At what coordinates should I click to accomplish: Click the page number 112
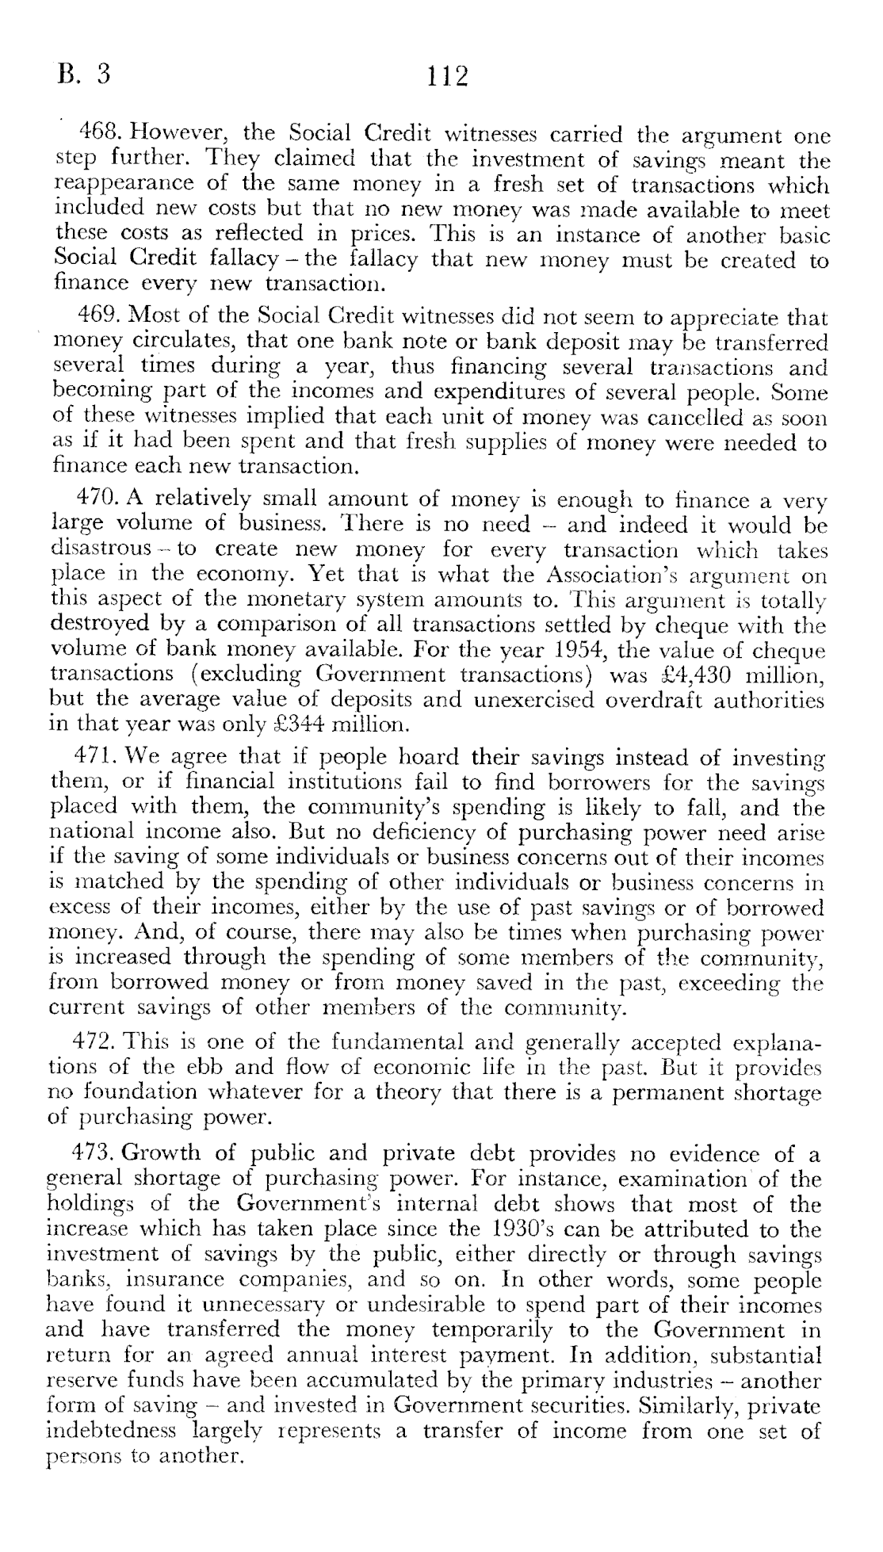448,77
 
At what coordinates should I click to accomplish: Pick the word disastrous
102,549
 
